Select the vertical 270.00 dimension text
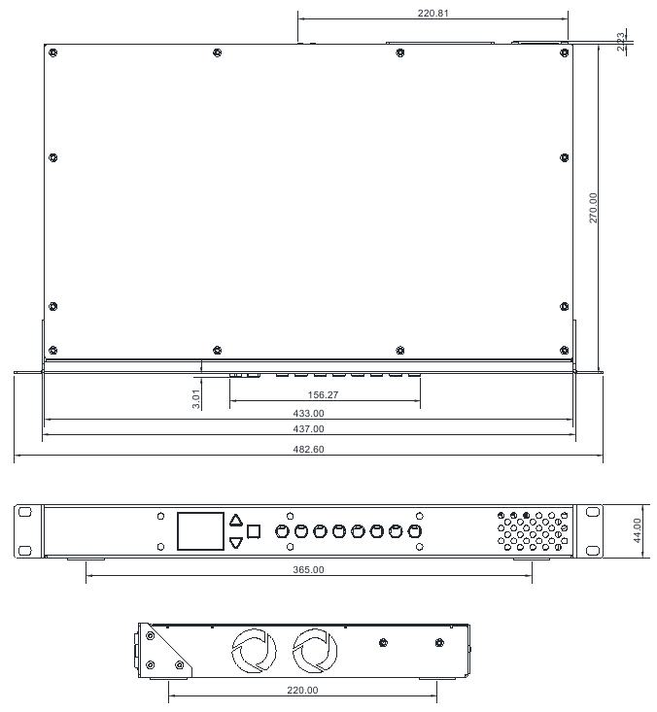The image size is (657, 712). [x=594, y=209]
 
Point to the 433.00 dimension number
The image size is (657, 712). [x=308, y=414]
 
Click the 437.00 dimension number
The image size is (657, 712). [x=308, y=429]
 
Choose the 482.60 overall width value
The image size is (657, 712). [x=308, y=450]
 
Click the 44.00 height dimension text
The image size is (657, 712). [x=637, y=530]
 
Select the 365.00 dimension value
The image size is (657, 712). [x=308, y=569]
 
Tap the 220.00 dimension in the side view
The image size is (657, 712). [x=302, y=690]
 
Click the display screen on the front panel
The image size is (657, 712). [x=200, y=531]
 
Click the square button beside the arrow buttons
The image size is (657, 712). [x=255, y=531]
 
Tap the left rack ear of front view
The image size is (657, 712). [x=27, y=530]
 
